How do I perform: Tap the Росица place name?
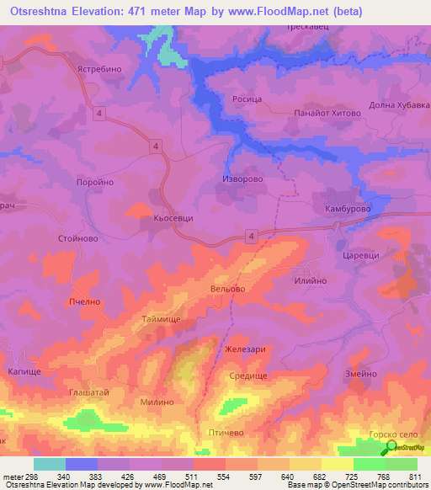(247, 99)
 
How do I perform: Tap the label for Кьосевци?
(173, 217)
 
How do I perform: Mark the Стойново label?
(79, 238)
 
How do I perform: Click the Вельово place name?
(227, 289)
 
